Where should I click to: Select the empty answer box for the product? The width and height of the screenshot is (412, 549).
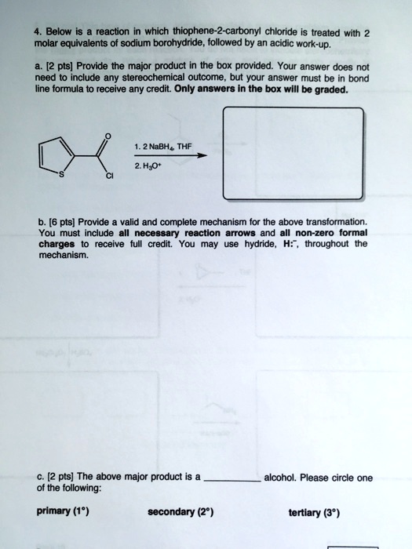[x=293, y=154]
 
